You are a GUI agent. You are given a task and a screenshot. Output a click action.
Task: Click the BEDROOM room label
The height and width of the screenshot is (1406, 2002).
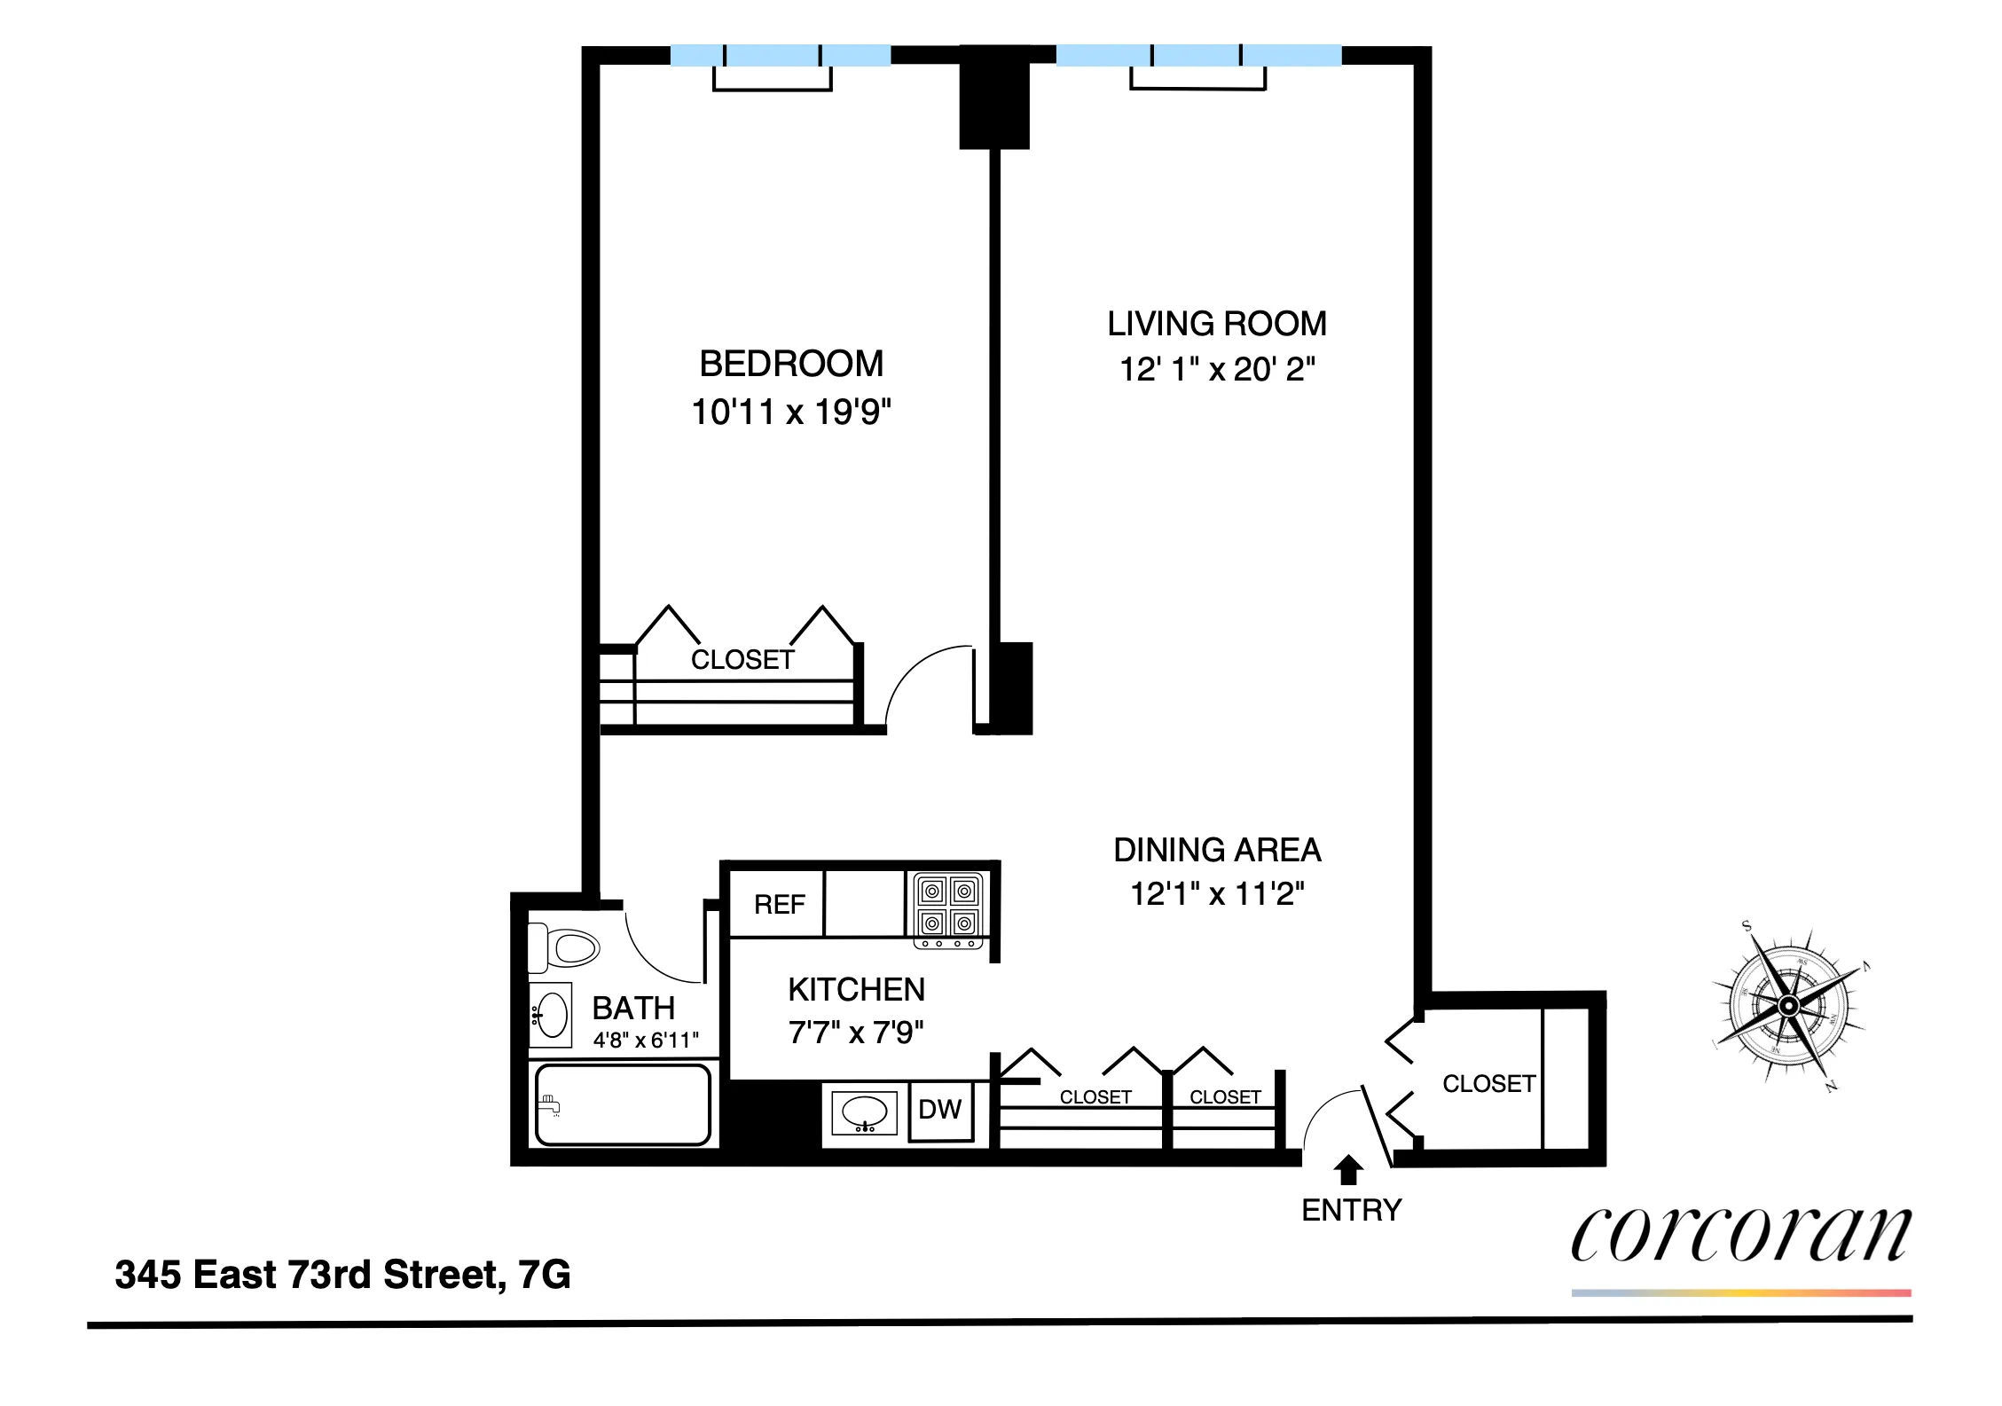point(790,364)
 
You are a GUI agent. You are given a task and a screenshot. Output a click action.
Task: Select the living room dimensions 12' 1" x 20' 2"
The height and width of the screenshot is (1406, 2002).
point(1216,369)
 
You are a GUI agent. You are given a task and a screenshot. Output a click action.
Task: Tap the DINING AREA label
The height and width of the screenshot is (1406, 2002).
point(1216,850)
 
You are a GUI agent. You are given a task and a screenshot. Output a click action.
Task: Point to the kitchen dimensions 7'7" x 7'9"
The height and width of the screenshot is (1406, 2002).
point(855,1033)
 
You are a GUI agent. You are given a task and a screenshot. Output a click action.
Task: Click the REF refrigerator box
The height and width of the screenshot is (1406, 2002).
point(778,904)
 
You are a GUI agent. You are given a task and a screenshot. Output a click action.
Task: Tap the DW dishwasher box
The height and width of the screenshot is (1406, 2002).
point(939,1110)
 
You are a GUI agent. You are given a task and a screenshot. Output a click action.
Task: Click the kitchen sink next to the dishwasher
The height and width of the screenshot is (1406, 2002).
point(864,1112)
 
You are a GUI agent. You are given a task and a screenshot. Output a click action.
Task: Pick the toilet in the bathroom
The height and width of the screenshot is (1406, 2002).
point(564,947)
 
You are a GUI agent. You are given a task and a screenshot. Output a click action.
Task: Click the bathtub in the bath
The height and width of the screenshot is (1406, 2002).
point(623,1104)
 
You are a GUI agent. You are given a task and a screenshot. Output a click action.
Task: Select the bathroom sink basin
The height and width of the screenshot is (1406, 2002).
point(552,1015)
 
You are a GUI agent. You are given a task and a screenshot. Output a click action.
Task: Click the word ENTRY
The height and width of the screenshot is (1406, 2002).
point(1351,1210)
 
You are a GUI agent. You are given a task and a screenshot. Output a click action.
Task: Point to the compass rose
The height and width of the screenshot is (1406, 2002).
point(1788,1006)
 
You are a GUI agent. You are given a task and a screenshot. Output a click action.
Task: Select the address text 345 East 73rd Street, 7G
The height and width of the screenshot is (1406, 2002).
point(342,1275)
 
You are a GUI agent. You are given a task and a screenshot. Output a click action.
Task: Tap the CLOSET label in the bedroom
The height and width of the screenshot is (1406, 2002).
point(742,660)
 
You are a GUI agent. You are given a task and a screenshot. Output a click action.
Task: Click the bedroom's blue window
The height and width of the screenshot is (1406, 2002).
point(780,56)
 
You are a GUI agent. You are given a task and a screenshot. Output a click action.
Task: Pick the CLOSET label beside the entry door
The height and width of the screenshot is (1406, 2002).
point(1488,1083)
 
